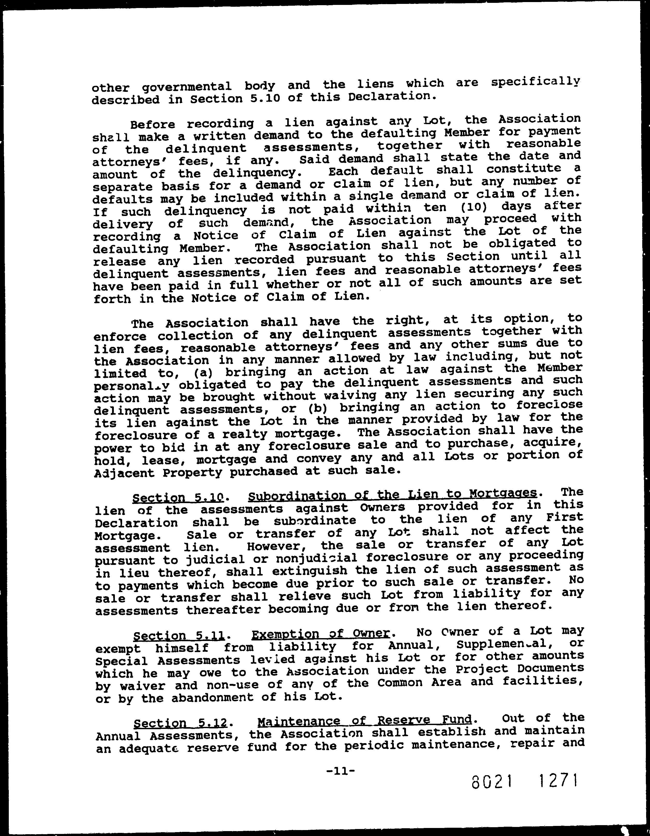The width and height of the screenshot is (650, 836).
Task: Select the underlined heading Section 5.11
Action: [x=179, y=636]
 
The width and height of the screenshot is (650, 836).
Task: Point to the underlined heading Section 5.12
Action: [x=180, y=723]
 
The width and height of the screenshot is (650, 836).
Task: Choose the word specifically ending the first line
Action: [x=536, y=83]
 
